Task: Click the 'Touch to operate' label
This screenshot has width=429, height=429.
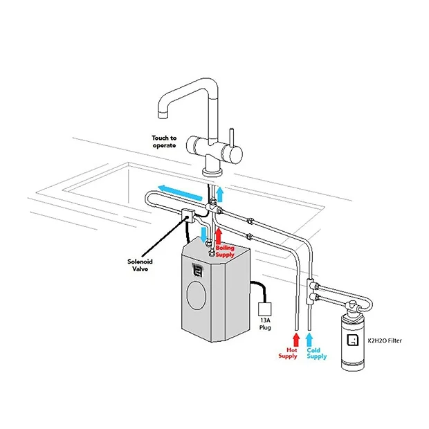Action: click(x=164, y=141)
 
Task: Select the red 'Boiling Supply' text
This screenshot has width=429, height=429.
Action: click(x=226, y=250)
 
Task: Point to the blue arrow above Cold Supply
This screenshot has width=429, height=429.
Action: click(x=311, y=339)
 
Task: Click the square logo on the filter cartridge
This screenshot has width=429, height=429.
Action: click(x=352, y=340)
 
